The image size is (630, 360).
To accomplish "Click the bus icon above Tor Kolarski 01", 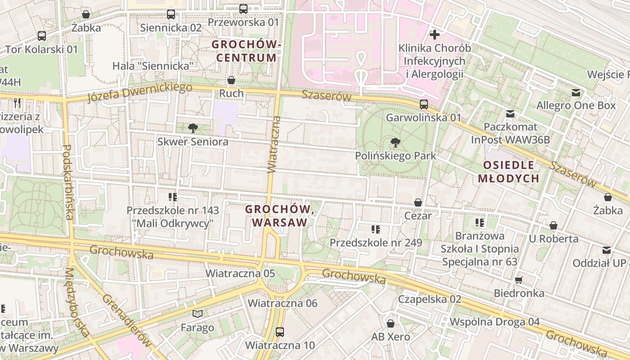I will (x=42, y=36).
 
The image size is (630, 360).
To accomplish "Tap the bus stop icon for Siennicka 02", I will (x=171, y=14).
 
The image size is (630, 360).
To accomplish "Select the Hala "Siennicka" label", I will (x=153, y=66).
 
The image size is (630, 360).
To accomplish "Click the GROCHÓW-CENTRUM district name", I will (x=247, y=51).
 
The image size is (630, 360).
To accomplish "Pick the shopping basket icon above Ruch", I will (x=231, y=81).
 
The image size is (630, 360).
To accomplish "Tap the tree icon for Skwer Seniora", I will (x=193, y=128).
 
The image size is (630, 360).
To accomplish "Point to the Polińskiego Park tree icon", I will (x=396, y=143).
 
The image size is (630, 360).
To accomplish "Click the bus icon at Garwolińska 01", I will (x=424, y=104).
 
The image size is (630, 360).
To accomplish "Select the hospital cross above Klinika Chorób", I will (x=435, y=35).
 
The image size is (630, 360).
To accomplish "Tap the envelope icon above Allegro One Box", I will (x=576, y=93).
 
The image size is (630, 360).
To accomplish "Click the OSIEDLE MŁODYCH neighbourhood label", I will (x=508, y=171).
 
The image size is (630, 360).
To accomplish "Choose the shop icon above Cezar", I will (x=418, y=202).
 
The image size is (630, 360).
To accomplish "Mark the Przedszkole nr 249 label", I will (x=376, y=243).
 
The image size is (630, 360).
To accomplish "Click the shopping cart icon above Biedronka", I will (x=519, y=280).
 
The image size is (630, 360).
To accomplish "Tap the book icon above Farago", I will (x=198, y=314).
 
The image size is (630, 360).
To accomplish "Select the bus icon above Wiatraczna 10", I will (x=280, y=332).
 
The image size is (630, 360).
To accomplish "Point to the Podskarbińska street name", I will (x=68, y=182).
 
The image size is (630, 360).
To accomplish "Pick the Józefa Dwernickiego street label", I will (x=139, y=92).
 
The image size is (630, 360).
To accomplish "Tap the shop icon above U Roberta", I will (x=553, y=225).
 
